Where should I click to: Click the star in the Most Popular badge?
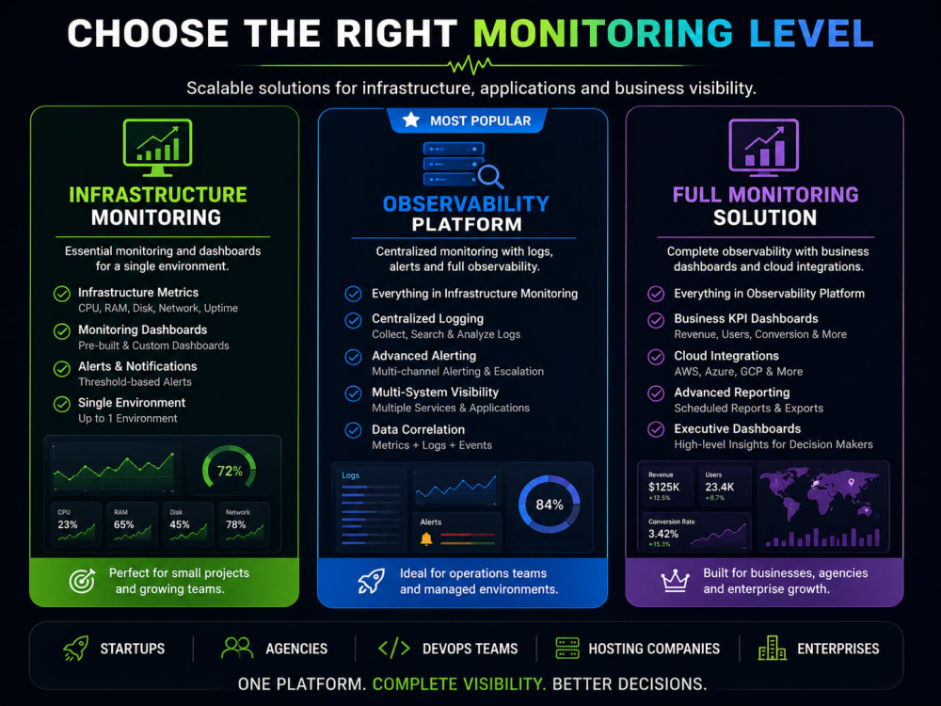(x=411, y=120)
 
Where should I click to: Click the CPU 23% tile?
(x=76, y=523)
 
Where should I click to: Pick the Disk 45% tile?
(x=188, y=523)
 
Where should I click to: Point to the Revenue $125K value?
(x=663, y=487)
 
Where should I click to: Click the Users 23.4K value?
(x=720, y=487)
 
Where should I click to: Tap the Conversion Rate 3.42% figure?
(x=663, y=534)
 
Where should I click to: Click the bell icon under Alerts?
(x=426, y=538)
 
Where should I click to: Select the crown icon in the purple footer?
(x=675, y=581)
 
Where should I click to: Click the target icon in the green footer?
(x=82, y=581)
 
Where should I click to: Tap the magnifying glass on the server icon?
(x=490, y=177)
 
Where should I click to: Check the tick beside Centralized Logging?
(x=354, y=321)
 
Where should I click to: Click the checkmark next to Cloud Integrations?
(x=656, y=357)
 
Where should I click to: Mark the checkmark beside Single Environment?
(x=62, y=404)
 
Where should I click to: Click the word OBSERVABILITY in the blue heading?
(x=466, y=204)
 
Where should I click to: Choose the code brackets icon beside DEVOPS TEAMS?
(x=394, y=649)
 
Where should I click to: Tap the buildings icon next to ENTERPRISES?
(x=773, y=649)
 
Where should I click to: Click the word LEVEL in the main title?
(x=811, y=33)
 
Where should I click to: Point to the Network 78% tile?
(x=245, y=523)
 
